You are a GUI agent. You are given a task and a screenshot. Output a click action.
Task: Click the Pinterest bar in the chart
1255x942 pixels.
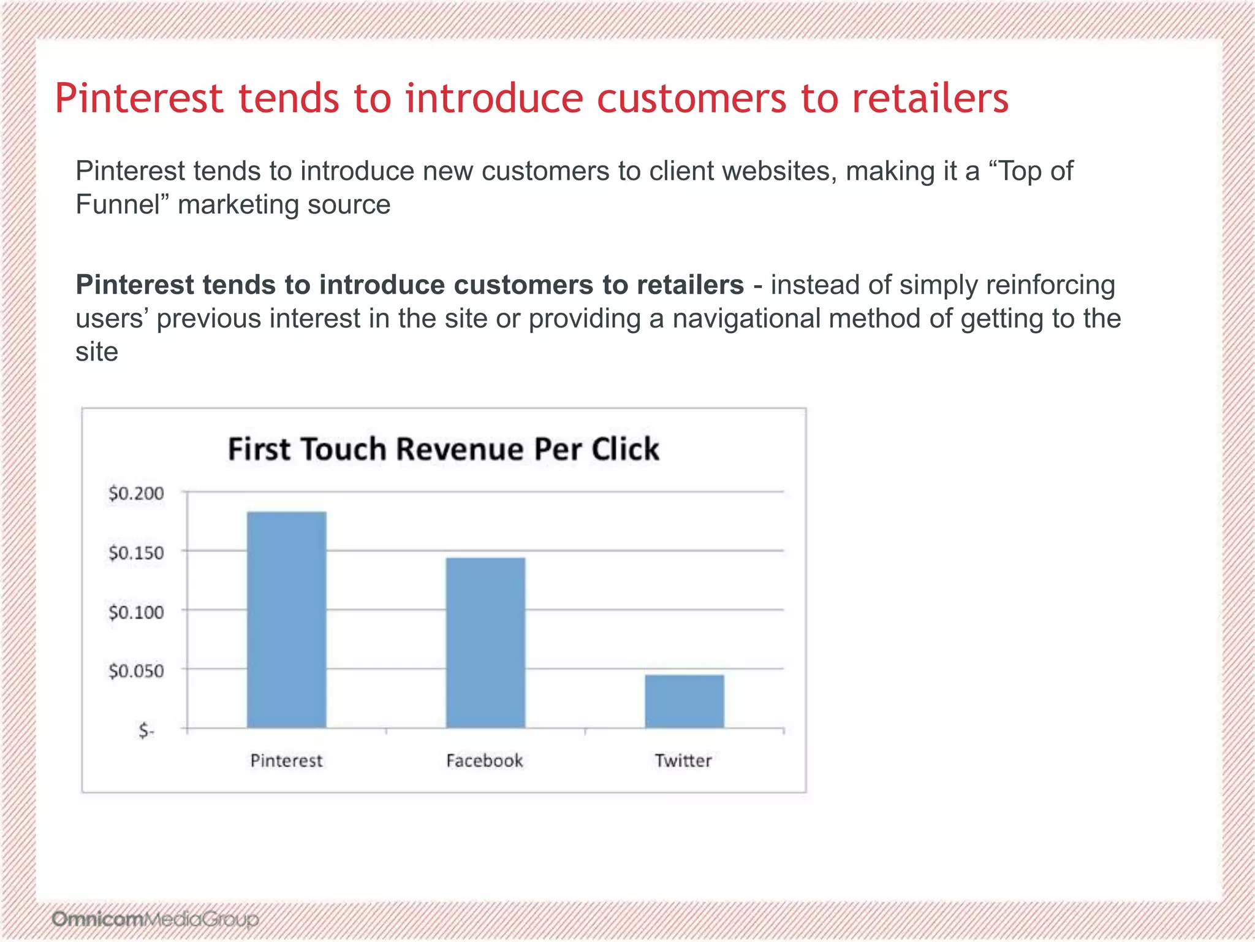(x=286, y=619)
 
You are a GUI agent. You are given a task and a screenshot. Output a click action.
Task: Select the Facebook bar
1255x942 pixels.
(x=485, y=643)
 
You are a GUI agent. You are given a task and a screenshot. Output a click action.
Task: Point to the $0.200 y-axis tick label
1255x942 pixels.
(x=136, y=493)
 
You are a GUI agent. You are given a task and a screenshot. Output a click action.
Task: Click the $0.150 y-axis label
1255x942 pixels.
(x=136, y=553)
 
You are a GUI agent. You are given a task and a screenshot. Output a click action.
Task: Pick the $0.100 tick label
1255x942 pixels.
(x=136, y=612)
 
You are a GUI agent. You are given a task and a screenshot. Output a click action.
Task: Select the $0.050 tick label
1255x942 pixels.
(x=136, y=671)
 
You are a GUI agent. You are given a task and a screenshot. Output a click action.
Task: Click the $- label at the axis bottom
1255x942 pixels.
(x=146, y=730)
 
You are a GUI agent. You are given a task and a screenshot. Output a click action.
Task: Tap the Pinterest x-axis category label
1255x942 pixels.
(x=286, y=761)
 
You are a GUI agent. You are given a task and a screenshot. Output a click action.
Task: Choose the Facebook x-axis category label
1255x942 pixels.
(x=484, y=761)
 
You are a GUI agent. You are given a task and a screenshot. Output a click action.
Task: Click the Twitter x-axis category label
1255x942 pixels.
(x=683, y=761)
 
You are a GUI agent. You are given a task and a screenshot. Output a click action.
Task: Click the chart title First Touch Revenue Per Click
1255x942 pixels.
(x=444, y=449)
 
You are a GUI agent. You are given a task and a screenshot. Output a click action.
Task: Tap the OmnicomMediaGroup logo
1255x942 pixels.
(x=155, y=919)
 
